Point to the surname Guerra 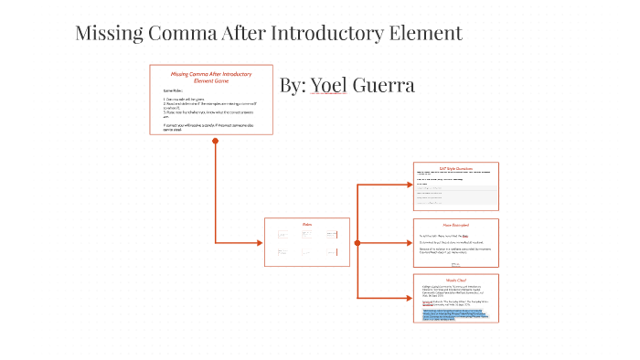click(383, 85)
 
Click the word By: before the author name click(293, 85)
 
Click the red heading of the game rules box click(211, 78)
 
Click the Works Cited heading click(455, 280)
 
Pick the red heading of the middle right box click(455, 225)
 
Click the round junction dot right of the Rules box click(357, 242)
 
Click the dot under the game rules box click(216, 140)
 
